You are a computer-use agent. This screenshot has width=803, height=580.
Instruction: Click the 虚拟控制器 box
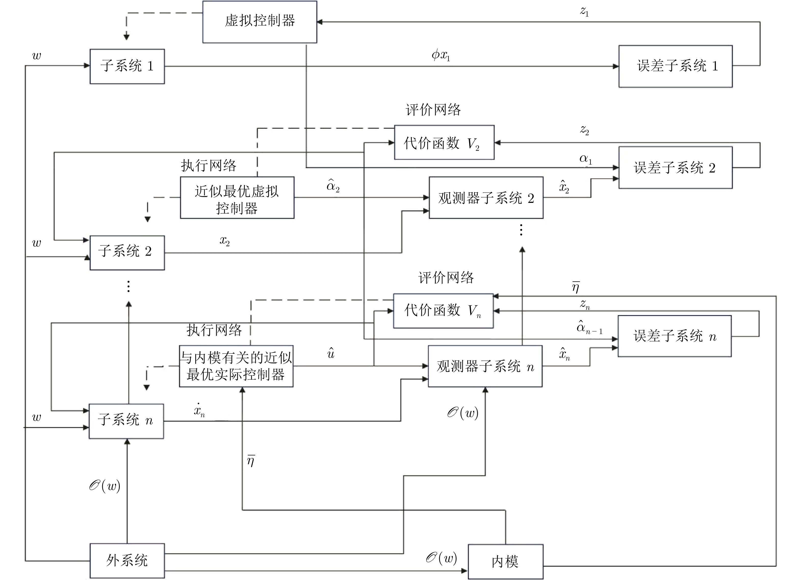(260, 22)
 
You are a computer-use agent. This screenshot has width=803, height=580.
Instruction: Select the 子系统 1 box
(127, 66)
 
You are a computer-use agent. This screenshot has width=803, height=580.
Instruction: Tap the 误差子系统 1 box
(676, 66)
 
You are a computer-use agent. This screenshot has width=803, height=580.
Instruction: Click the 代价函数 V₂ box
(444, 142)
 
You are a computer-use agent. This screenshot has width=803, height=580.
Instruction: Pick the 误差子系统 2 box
(676, 168)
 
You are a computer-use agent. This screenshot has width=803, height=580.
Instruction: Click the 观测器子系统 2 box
(486, 198)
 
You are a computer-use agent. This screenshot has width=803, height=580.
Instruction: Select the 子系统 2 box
(127, 253)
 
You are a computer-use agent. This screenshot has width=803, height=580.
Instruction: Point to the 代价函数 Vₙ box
(443, 311)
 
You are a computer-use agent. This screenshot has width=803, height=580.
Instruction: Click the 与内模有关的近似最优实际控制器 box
(236, 366)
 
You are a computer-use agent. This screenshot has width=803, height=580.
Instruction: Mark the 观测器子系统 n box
(485, 366)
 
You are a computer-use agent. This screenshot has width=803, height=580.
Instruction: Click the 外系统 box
(127, 561)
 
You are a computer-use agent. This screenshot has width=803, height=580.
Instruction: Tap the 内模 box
(506, 562)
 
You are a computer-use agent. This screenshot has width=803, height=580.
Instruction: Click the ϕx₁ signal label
(441, 55)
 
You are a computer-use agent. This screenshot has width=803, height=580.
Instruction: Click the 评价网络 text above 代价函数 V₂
(433, 110)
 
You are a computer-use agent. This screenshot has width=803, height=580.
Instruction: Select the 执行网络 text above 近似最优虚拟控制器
(209, 165)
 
